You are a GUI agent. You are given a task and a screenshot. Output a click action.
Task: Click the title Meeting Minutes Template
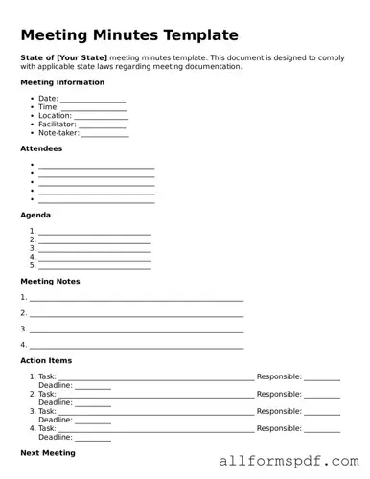tap(129, 35)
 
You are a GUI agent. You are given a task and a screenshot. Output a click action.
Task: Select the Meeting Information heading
tap(62, 82)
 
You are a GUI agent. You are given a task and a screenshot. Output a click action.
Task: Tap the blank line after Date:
tap(93, 99)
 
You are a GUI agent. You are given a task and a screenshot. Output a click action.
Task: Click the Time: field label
tap(48, 107)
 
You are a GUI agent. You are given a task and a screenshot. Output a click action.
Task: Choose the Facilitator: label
tap(57, 125)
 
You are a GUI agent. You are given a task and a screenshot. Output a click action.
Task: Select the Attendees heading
tap(41, 148)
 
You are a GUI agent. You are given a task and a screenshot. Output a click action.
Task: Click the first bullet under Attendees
tap(33, 165)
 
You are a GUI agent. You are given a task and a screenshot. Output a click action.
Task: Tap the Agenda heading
tap(35, 215)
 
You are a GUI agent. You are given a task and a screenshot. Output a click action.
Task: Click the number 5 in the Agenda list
tap(33, 265)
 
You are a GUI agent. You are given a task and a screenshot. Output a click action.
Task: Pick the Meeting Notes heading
tap(50, 281)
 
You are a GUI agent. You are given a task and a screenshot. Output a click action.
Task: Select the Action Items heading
tap(46, 360)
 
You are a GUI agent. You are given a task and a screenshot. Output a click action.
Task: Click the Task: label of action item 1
tap(47, 376)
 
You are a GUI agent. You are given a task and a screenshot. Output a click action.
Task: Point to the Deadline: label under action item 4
tap(56, 437)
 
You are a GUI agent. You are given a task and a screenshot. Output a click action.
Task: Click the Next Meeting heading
tap(48, 452)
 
